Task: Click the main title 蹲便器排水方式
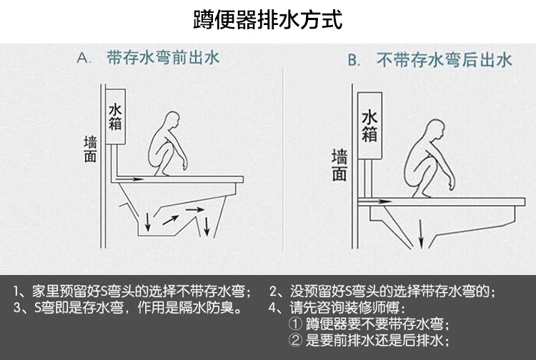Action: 268,19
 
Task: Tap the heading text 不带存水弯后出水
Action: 444,60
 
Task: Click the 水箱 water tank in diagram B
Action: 369,126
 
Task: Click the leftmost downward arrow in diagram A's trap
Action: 148,221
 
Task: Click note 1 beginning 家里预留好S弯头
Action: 132,292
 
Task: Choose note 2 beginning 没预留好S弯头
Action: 382,292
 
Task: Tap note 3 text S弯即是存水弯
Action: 127,309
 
